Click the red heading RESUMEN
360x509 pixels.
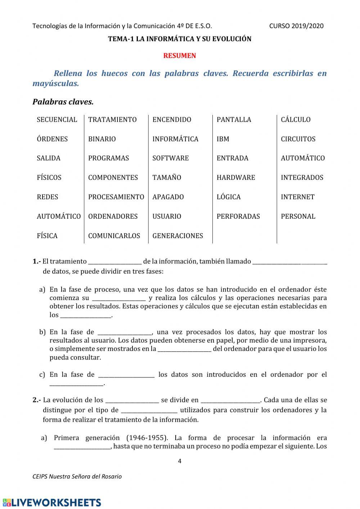coord(180,56)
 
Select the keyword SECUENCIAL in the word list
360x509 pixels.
coord(57,120)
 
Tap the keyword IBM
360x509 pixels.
coord(223,139)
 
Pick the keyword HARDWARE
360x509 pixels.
coord(236,178)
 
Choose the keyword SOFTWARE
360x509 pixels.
coord(171,158)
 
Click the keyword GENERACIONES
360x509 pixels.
coord(178,236)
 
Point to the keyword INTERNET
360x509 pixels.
coord(298,197)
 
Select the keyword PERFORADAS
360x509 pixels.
coord(238,216)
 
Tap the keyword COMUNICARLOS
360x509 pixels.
coord(114,236)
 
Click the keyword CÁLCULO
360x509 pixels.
coord(296,120)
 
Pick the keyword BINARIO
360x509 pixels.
coord(102,139)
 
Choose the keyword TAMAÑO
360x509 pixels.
coord(167,178)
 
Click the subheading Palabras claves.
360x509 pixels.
coord(63,102)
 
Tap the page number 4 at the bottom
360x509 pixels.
coord(180,461)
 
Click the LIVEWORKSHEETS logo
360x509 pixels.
coord(52,502)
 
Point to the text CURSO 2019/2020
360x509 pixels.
coord(296,26)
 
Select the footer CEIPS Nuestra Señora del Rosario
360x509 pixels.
coord(77,477)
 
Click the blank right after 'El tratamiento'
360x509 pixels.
coord(115,262)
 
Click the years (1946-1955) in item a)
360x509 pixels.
coord(147,438)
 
